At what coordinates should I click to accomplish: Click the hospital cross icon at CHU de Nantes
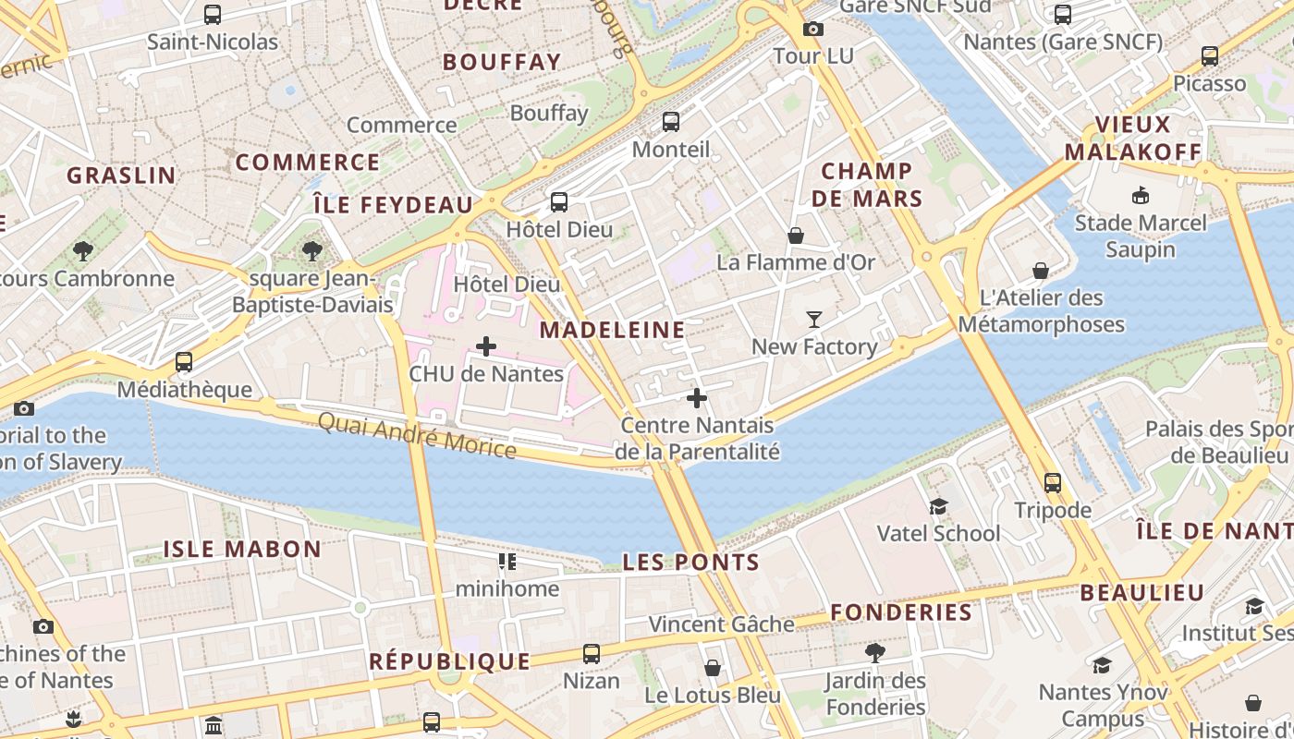tap(486, 346)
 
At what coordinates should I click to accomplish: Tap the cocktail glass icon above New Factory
tap(813, 320)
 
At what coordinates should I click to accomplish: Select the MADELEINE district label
tap(612, 330)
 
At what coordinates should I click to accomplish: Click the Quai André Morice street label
tap(417, 434)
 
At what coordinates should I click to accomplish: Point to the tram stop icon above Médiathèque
tap(184, 362)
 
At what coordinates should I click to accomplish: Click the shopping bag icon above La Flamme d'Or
tap(795, 236)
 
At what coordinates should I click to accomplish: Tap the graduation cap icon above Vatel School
tap(938, 506)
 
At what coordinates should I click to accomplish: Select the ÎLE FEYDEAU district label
tap(393, 205)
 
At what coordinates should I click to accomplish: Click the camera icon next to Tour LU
tap(812, 29)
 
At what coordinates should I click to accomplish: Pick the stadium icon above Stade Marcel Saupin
tap(1140, 195)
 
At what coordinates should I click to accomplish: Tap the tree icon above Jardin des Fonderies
tap(874, 653)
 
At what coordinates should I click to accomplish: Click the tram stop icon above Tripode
tap(1052, 482)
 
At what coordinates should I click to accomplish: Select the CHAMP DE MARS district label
tap(867, 185)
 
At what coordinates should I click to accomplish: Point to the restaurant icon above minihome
tap(507, 561)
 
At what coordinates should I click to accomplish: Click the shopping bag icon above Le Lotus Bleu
tap(712, 667)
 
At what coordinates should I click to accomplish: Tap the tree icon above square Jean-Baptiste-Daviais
tap(312, 250)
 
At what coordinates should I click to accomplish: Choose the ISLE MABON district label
tap(242, 549)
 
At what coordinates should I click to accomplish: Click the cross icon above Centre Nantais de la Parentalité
tap(697, 398)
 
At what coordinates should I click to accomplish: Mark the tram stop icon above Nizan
tap(592, 654)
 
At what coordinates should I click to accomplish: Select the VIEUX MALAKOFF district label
tap(1132, 139)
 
